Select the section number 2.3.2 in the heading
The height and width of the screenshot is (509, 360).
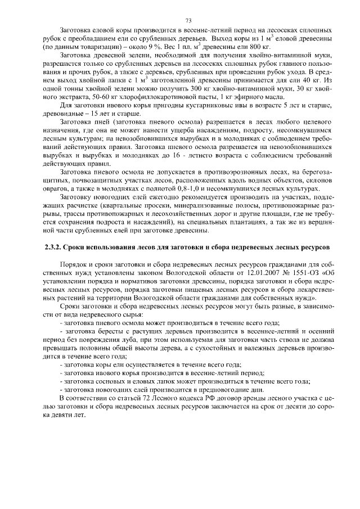coord(53,247)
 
